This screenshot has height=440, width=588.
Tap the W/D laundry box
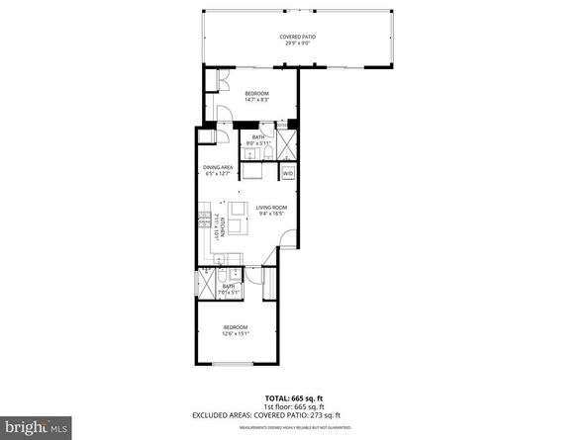coord(288,173)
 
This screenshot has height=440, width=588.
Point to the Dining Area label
coord(217,167)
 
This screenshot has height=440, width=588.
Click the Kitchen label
coord(223,228)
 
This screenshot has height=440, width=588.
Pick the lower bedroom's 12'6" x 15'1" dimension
coord(235,333)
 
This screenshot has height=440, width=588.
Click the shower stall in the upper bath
coord(284,146)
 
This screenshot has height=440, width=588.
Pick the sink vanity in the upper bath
coord(252,169)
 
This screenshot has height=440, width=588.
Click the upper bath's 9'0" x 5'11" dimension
coord(258,143)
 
